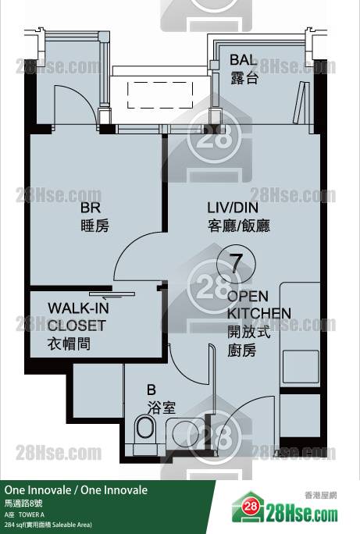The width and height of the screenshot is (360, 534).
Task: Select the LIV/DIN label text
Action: (233, 208)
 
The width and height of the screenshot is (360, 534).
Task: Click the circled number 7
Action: (237, 264)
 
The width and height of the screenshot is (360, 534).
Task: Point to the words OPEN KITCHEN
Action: (258, 304)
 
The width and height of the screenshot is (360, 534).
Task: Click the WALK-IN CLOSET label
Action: (78, 317)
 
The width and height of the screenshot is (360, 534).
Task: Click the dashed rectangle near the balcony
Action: (160, 95)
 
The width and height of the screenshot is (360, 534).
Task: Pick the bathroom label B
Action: (151, 390)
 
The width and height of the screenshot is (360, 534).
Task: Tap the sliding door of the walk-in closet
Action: (112, 294)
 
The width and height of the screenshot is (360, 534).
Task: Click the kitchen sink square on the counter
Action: (301, 367)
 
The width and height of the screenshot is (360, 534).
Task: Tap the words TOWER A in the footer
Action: (31, 515)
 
